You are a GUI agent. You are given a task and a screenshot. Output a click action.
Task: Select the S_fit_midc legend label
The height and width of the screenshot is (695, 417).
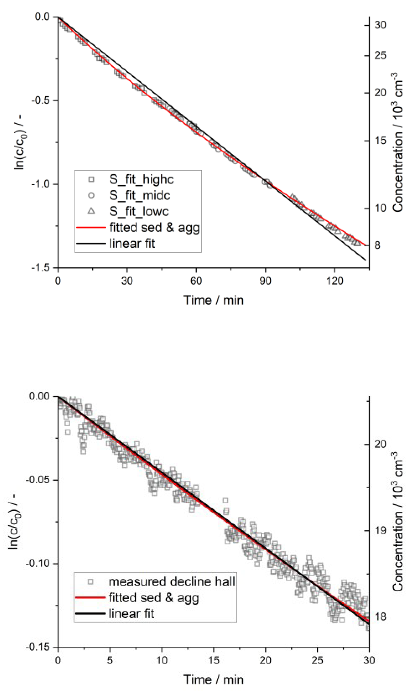(x=140, y=195)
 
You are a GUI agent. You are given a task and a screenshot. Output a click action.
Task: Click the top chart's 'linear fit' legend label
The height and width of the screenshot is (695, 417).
(x=132, y=244)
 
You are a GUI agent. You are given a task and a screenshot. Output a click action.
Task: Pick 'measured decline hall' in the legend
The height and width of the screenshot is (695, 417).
(x=172, y=581)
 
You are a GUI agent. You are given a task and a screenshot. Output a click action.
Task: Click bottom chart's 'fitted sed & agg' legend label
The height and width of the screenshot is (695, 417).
(x=154, y=598)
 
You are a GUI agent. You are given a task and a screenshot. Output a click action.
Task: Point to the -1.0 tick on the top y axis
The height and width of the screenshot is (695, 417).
(x=42, y=184)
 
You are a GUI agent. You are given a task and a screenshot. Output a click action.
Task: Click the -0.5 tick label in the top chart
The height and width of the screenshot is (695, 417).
(x=42, y=100)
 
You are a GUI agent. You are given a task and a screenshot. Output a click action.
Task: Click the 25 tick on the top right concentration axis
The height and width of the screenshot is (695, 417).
(x=380, y=55)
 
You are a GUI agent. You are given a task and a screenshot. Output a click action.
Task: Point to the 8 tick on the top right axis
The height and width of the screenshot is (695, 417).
(x=377, y=245)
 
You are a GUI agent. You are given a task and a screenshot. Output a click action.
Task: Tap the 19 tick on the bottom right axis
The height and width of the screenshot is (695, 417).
(x=380, y=530)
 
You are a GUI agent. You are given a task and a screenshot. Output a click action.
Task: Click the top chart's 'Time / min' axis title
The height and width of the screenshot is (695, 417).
(x=214, y=300)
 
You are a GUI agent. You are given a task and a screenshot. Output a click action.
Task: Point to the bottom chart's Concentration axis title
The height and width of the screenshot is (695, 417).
(x=397, y=522)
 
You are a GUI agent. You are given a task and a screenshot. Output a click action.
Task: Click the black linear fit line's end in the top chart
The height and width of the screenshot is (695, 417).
(x=366, y=260)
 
